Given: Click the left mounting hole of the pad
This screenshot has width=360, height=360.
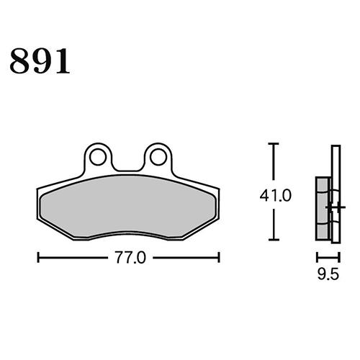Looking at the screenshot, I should click(x=97, y=156).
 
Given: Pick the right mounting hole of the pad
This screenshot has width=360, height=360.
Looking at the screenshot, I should click(x=158, y=156).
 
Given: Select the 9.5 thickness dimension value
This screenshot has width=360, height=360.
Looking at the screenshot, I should click(x=328, y=274).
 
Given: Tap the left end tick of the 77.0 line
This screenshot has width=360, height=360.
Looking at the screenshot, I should click(x=37, y=256).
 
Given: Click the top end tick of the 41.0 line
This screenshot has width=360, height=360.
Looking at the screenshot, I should click(x=272, y=145).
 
